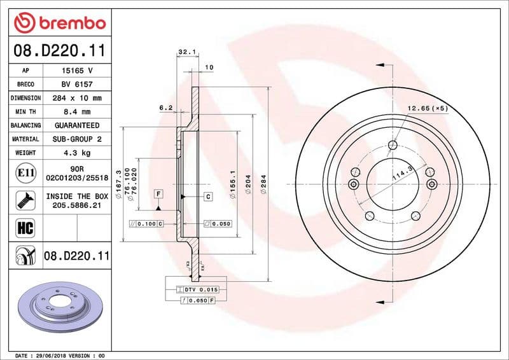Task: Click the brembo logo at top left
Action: [x=59, y=23]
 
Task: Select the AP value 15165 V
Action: [x=77, y=71]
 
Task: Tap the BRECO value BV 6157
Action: [x=77, y=84]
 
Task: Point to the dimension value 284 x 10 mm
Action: [x=77, y=98]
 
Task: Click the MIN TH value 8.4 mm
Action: [x=77, y=112]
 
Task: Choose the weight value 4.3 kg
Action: [x=77, y=153]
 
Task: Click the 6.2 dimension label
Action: [x=166, y=108]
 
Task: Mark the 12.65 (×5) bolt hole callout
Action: [x=428, y=108]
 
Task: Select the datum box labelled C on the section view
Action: [x=207, y=197]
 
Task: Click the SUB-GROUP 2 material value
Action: [x=77, y=139]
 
